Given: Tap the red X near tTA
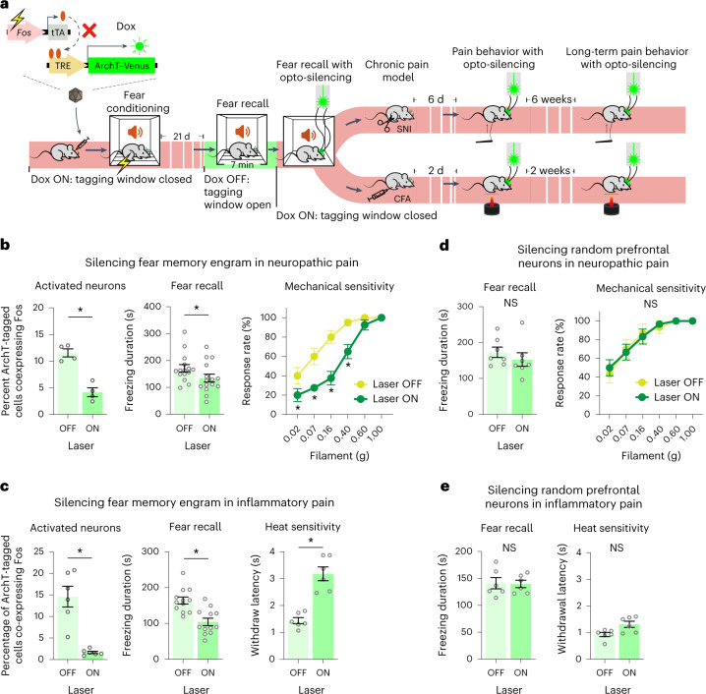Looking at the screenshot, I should coord(116,31).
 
